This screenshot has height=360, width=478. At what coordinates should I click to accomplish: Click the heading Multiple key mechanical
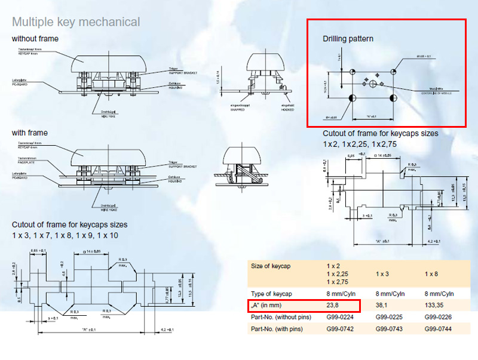click(76, 22)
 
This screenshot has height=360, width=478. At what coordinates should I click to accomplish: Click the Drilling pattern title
click(348, 39)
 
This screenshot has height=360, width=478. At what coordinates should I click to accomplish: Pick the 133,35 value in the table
click(437, 305)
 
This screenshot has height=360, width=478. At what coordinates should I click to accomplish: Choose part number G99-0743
click(391, 328)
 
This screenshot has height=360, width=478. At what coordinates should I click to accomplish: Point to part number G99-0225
click(391, 316)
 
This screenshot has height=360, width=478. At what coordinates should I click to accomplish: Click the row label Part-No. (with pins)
click(281, 328)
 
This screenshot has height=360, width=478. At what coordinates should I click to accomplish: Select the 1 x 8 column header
click(433, 273)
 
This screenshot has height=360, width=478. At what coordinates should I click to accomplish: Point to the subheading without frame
click(33, 39)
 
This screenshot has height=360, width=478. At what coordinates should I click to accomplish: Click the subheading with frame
click(30, 133)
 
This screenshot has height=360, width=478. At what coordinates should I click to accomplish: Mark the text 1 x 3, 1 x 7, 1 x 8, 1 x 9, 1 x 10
click(65, 235)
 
